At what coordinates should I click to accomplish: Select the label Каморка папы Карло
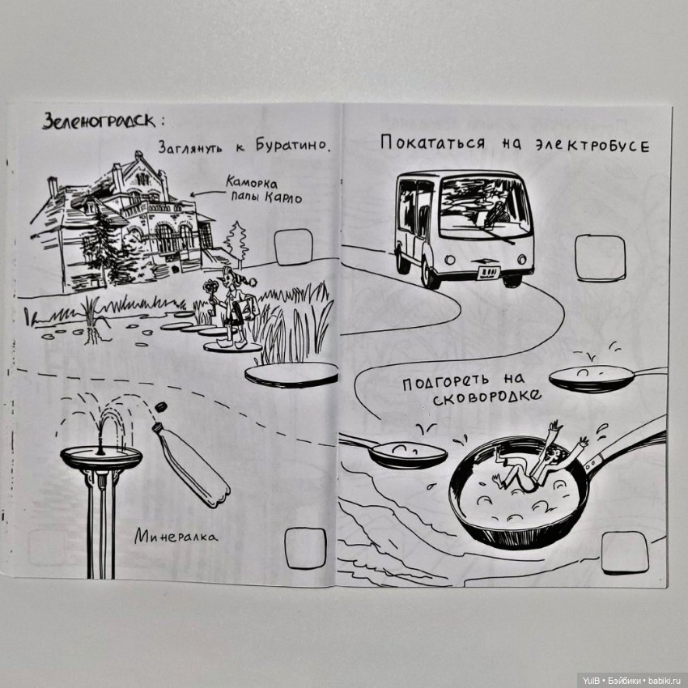(x=257, y=189)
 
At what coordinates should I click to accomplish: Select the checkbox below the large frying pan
(x=624, y=552)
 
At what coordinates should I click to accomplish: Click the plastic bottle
(x=191, y=464)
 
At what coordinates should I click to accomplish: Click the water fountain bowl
(x=101, y=457)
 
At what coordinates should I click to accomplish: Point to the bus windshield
(x=483, y=207)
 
